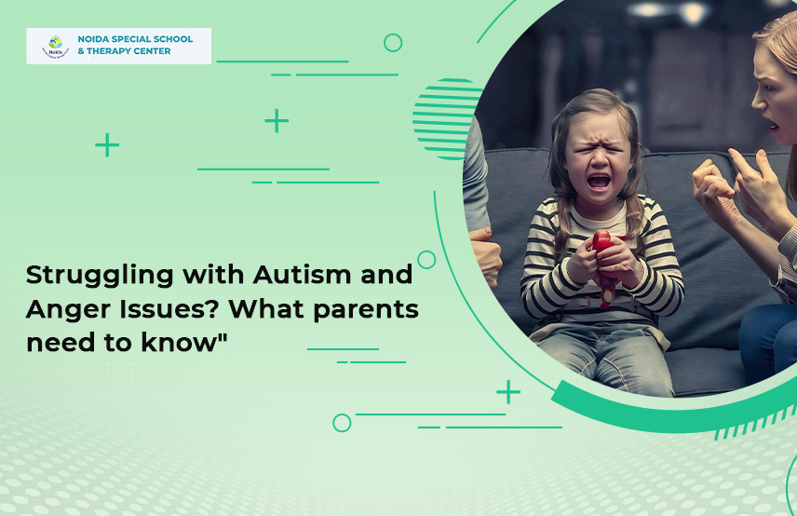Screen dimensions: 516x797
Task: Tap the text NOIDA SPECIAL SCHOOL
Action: click(x=134, y=39)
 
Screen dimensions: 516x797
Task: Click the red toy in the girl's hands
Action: click(x=602, y=265)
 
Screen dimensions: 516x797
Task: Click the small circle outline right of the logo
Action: click(x=393, y=42)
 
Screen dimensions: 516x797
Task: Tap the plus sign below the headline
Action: click(x=507, y=392)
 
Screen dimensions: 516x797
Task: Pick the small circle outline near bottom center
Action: click(x=342, y=423)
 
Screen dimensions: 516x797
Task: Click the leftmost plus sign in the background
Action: click(x=107, y=145)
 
